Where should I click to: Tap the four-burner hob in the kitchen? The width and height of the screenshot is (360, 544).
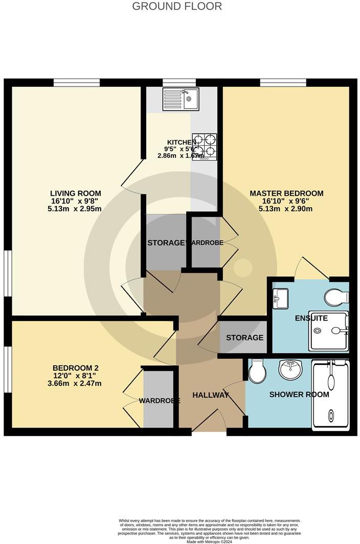204,147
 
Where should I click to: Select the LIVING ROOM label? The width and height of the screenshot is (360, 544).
75,193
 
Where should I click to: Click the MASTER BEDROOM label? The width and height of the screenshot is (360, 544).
286,193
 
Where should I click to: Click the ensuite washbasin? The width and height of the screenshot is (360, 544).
280,298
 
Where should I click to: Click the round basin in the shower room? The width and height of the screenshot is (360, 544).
290,369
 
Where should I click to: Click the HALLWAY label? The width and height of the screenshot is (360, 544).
210,395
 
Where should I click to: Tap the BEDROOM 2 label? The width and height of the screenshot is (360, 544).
75,368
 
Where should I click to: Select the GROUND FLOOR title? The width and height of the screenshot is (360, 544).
177,6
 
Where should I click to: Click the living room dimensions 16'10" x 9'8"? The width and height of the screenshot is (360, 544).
75,201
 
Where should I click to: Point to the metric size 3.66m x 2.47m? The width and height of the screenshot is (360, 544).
75,383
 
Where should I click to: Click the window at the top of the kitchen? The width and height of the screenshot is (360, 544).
179,82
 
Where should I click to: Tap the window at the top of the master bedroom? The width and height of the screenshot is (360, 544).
283,82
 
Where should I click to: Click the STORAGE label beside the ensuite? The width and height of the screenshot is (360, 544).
244,337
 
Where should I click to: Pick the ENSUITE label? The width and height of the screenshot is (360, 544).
311,318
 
